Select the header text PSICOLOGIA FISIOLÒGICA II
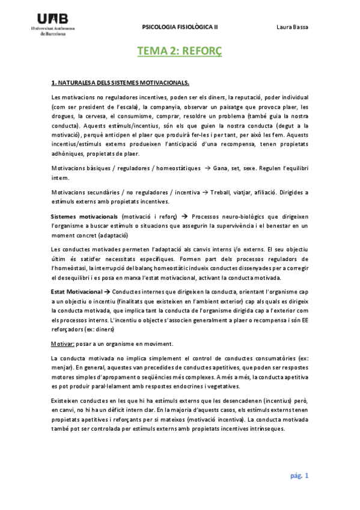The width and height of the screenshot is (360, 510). tap(180, 27)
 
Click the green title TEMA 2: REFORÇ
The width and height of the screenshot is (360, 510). tap(180, 52)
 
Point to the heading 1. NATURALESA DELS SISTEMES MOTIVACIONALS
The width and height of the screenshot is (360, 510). tap(120, 82)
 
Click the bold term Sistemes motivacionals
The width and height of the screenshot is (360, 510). tap(84, 215)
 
